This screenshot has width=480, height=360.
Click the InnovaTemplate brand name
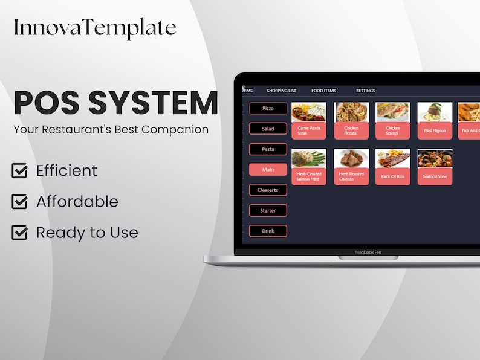[95, 28]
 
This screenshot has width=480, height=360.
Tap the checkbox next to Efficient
[19, 171]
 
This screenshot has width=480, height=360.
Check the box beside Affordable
[19, 202]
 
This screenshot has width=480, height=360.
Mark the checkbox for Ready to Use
[19, 233]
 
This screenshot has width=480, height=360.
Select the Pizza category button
[268, 108]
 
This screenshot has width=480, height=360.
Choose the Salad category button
[268, 129]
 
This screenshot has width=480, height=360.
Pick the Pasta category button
[268, 149]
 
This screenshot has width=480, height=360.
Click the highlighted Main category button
[268, 170]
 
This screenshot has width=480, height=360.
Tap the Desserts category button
[268, 190]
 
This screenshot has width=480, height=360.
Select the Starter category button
[268, 211]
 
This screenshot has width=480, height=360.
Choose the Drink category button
[268, 231]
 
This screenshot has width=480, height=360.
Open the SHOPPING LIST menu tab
[281, 91]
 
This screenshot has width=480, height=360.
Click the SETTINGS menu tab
[365, 91]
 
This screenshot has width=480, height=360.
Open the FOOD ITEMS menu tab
[323, 91]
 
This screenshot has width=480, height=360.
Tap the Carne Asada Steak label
[309, 130]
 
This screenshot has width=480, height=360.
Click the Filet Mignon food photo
[435, 112]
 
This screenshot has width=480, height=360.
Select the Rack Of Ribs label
[393, 176]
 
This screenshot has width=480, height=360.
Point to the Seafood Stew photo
[435, 158]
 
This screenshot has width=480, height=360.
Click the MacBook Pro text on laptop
[368, 252]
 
